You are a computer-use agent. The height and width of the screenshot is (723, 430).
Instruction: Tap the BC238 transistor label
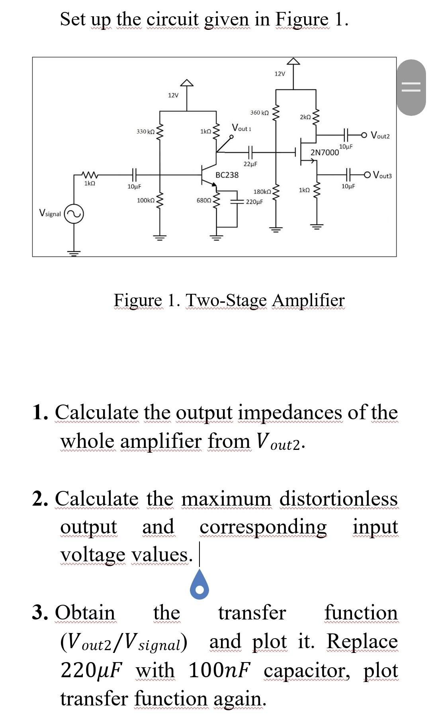(x=227, y=175)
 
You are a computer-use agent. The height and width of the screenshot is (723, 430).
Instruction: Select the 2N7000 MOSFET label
(x=324, y=152)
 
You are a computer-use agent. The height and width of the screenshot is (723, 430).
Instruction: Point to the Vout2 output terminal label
(x=380, y=136)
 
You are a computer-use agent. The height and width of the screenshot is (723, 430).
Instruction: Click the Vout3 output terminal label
(x=382, y=175)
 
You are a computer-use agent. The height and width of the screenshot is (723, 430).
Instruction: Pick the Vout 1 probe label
(x=242, y=128)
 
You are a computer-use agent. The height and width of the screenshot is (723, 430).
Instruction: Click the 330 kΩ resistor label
(x=145, y=131)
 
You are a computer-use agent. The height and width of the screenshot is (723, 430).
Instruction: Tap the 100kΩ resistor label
(x=145, y=200)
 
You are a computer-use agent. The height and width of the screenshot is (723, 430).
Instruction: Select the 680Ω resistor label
(x=204, y=200)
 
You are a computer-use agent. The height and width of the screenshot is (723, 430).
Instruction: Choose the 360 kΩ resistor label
(x=260, y=113)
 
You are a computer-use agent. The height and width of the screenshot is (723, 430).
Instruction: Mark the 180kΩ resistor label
(x=262, y=192)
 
